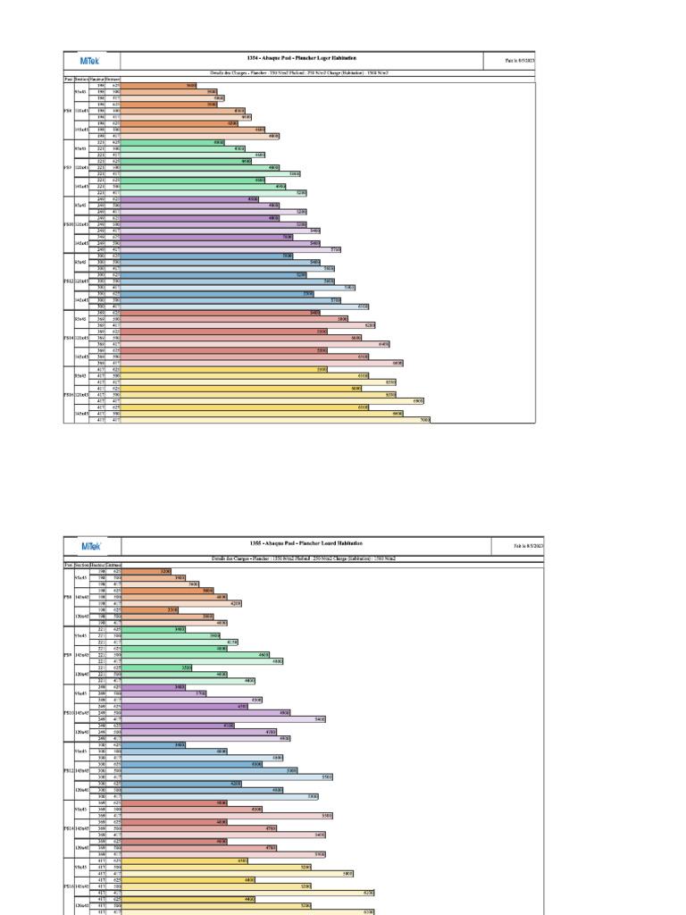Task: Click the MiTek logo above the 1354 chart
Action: pos(90,62)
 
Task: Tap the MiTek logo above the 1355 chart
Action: pos(92,546)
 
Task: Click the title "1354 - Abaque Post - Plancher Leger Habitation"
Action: pos(312,58)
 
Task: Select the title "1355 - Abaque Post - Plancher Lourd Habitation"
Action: pos(305,543)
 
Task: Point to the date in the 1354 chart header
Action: pos(519,62)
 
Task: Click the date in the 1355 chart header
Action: pos(528,545)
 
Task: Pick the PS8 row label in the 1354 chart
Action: pos(68,111)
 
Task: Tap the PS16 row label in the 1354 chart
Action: pos(68,394)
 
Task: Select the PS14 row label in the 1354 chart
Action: pos(68,338)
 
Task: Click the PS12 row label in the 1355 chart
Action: pos(69,770)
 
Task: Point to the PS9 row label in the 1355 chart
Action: pos(69,655)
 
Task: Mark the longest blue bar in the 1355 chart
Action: pos(227,776)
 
